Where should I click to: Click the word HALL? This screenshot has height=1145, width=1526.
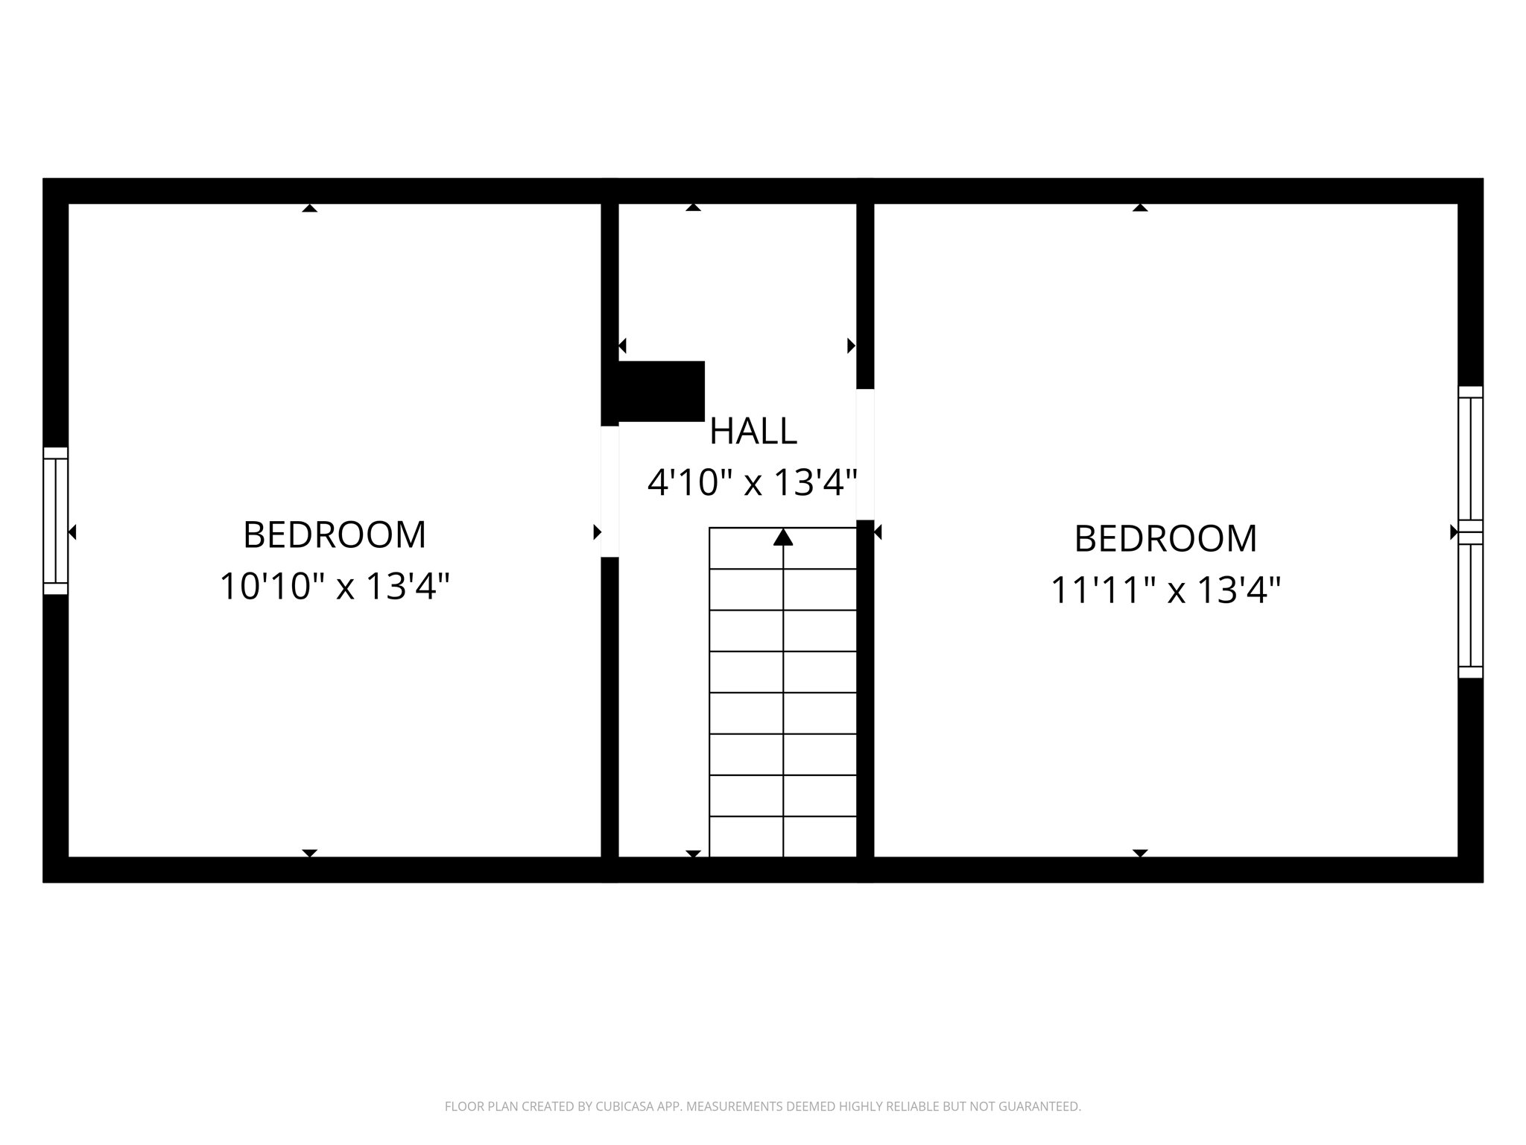coord(753,431)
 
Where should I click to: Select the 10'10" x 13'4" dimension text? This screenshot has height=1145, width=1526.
coord(335,586)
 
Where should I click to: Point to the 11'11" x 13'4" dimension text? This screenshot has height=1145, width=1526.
coord(1165,590)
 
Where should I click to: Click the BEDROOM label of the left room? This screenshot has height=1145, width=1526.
coord(335,534)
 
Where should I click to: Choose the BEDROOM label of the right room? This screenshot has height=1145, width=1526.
coord(1165,538)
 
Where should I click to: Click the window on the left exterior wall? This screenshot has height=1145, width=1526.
coord(56,520)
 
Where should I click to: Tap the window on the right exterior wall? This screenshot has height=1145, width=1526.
coord(1470,532)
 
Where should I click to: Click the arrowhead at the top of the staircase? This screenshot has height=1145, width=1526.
coord(782,537)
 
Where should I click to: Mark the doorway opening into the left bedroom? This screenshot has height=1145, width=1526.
coord(610,491)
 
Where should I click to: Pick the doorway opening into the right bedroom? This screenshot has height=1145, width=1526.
coord(864,454)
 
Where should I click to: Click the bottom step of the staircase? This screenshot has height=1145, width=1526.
coord(782,836)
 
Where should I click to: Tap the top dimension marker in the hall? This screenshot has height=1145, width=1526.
coord(693,207)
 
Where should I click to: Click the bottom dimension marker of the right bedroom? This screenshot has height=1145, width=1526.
coord(1140,853)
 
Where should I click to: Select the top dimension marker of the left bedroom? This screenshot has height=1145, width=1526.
coord(310,207)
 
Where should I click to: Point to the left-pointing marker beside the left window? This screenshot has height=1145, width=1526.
coord(72,532)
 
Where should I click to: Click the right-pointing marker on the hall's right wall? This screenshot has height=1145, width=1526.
coord(851,345)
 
